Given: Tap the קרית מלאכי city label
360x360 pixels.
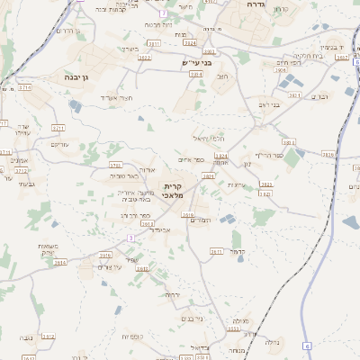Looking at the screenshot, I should [x=173, y=190].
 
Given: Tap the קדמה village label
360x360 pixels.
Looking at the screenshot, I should [x=238, y=250].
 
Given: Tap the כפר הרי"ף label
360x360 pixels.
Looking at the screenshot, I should [x=270, y=156].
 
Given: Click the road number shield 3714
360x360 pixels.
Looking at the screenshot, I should [x=24, y=89].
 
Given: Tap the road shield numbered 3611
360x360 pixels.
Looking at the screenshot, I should [x=216, y=251].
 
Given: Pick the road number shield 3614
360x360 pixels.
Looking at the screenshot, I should [x=61, y=263].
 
